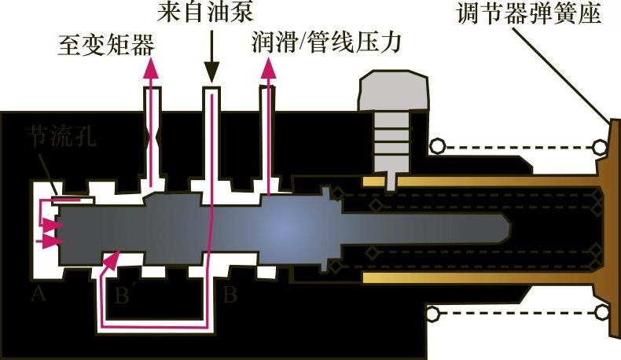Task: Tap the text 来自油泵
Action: (211, 13)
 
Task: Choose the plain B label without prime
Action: (230, 296)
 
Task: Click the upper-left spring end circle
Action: (436, 146)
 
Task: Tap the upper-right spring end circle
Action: (601, 146)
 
